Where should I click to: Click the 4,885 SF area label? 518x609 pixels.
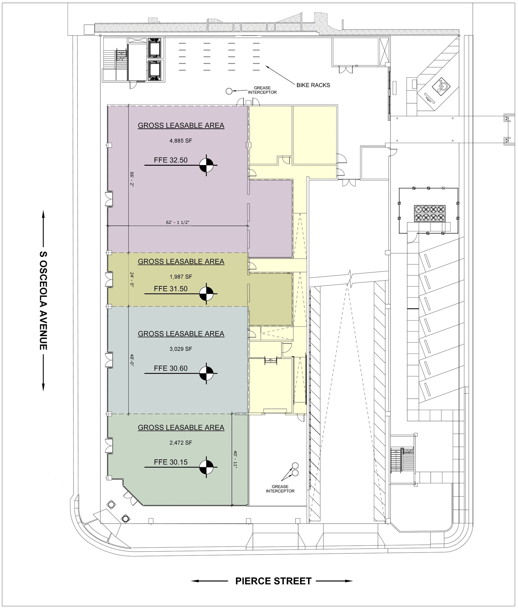tap(181, 141)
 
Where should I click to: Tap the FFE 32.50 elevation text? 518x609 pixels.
tap(171, 160)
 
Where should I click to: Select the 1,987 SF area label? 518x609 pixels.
tap(181, 277)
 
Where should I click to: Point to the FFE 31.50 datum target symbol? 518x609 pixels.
tap(206, 293)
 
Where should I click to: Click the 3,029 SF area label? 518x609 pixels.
tap(181, 349)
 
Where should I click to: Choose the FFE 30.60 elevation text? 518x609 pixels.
tap(171, 368)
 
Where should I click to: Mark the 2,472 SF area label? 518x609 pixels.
tap(181, 442)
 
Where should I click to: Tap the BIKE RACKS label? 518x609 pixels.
tap(313, 85)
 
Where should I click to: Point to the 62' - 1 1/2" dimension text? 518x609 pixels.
tap(178, 222)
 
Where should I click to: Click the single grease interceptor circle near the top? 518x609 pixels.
tap(229, 91)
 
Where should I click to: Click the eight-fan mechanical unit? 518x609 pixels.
tap(430, 213)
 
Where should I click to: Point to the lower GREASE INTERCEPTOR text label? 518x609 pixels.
tap(280, 489)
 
